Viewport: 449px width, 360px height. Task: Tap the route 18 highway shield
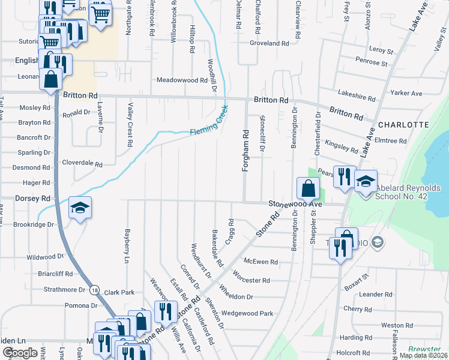coord(94,290)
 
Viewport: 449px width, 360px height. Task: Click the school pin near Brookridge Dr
coord(80,208)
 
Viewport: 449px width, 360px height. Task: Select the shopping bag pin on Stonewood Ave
coord(307,188)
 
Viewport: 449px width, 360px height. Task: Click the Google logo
coord(20,353)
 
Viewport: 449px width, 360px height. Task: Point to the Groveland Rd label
coord(270,44)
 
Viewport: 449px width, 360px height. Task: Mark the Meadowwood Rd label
coord(182,80)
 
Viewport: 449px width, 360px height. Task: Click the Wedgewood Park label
coord(247,313)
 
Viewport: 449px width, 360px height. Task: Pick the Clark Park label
coord(119,293)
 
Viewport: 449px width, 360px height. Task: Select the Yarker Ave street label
coord(406,94)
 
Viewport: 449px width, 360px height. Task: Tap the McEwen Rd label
coord(261,262)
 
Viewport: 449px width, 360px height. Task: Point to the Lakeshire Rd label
coord(356,94)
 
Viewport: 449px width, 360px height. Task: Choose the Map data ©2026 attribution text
coord(423,355)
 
